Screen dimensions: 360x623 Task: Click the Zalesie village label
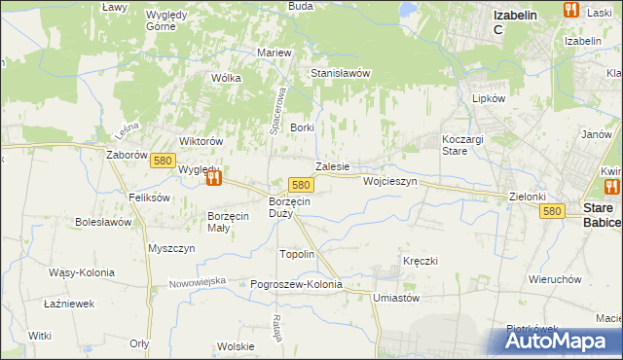tap(332, 166)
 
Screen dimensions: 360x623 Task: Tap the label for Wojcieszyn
tap(389, 182)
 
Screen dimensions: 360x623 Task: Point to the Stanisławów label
tap(341, 73)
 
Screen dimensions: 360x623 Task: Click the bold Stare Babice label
tap(601, 216)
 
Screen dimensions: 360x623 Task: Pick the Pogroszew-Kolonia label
tap(297, 284)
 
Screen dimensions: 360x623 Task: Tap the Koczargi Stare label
tap(462, 145)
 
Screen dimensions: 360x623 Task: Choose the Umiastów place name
tap(396, 299)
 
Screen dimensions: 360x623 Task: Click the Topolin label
tap(297, 254)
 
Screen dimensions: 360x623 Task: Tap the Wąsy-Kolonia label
tap(81, 272)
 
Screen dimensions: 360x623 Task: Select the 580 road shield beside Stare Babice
tap(553, 211)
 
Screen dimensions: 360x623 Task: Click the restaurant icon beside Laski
tap(571, 10)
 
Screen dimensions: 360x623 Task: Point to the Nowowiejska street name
tap(197, 281)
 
